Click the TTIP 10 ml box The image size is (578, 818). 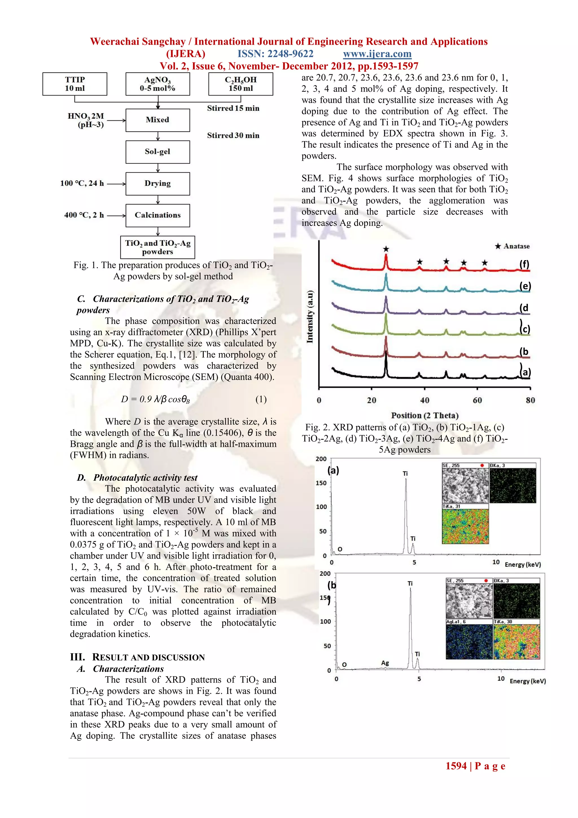[75, 84]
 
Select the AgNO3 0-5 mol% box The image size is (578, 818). [158, 84]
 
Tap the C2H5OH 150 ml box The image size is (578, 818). [240, 84]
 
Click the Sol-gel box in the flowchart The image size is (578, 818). [158, 152]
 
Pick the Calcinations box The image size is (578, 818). [158, 215]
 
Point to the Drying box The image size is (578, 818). [158, 184]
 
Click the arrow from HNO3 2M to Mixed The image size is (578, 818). [116, 120]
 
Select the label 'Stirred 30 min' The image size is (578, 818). [233, 135]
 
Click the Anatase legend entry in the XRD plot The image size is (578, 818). [512, 246]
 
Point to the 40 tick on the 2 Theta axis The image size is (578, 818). [424, 400]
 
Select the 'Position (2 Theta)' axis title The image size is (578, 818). [424, 415]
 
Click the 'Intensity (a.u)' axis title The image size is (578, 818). [310, 317]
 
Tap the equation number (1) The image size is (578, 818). [261, 399]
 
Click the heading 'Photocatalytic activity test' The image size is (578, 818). [145, 478]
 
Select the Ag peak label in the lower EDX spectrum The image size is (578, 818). [385, 663]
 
